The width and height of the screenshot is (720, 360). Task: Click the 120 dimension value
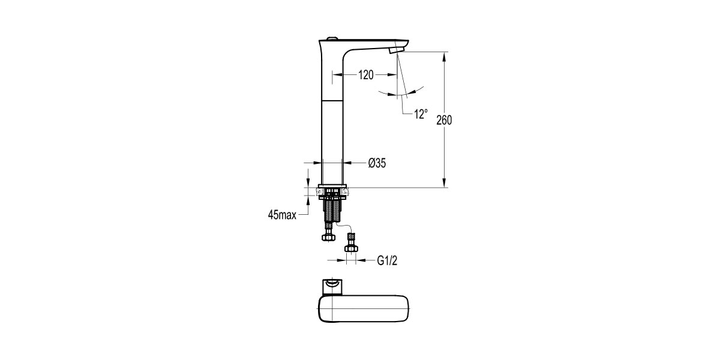click(x=366, y=75)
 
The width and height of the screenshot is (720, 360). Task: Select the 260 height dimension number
click(x=444, y=120)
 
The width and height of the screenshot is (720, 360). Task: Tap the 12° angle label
click(x=421, y=113)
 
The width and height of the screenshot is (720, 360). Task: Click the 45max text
click(x=282, y=215)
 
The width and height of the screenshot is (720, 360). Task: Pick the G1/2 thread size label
click(x=388, y=260)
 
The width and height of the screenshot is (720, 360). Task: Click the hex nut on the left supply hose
click(x=328, y=238)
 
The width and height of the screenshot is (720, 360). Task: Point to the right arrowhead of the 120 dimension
click(x=392, y=75)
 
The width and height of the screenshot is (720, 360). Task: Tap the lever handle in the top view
click(x=331, y=286)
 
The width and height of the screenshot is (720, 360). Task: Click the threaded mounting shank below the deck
click(x=332, y=211)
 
